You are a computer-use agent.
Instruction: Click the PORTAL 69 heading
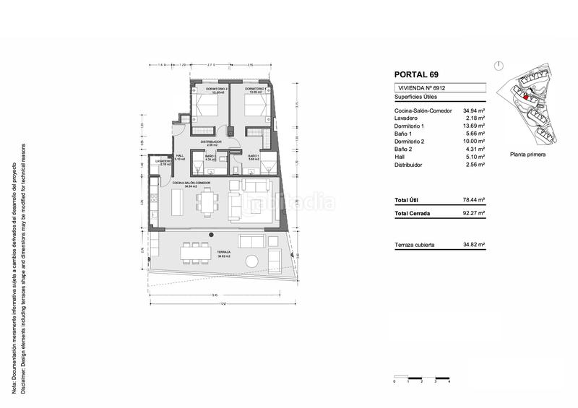(x=415, y=74)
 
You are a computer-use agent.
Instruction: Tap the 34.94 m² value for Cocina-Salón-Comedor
(x=473, y=110)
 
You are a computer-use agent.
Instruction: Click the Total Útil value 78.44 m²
(x=473, y=199)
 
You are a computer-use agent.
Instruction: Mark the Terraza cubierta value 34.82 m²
(x=473, y=245)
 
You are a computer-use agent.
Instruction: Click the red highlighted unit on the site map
(x=526, y=97)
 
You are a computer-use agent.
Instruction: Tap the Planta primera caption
(x=527, y=155)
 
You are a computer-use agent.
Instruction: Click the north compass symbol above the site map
(x=500, y=65)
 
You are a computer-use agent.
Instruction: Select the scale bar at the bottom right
(x=421, y=378)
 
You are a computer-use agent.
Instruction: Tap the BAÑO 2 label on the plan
(x=210, y=157)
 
